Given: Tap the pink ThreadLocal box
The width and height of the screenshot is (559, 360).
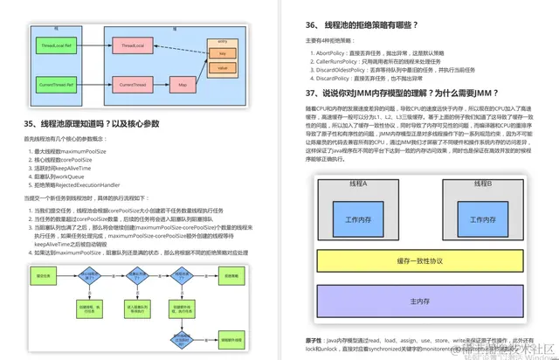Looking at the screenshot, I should tap(133, 44).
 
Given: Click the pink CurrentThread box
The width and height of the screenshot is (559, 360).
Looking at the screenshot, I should tap(133, 85).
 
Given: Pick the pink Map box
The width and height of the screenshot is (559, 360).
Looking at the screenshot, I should tap(183, 85).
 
